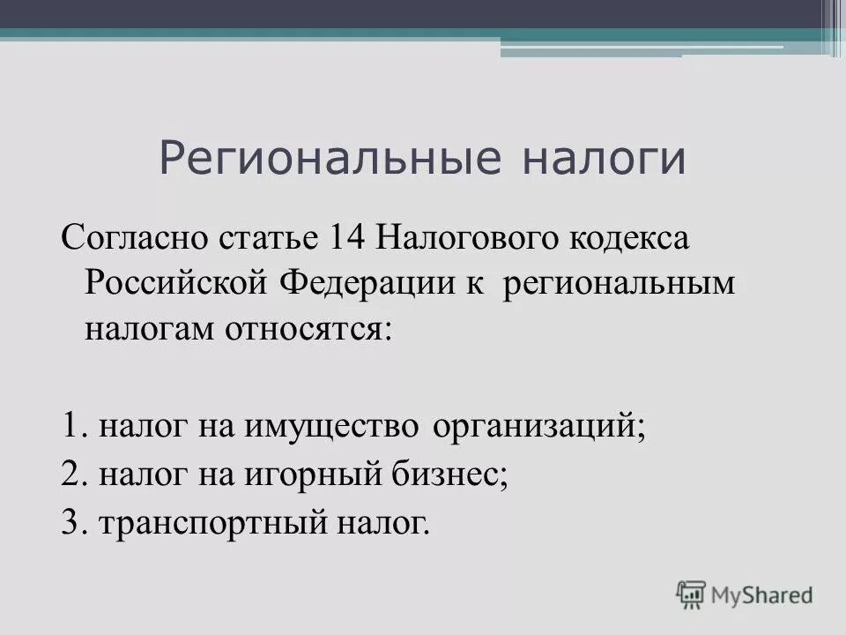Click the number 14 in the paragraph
tap(348, 237)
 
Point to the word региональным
tap(619, 285)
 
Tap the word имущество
tap(323, 428)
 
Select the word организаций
tap(538, 428)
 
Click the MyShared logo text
tap(761, 595)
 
